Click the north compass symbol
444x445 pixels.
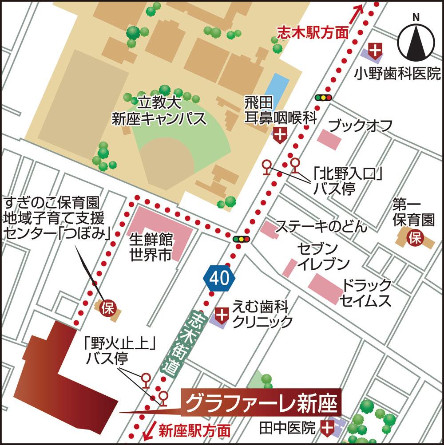tap(416, 40)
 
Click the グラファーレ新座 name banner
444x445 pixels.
tap(262, 403)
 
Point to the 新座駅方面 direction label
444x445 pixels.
tap(194, 429)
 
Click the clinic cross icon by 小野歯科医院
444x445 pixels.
tap(376, 51)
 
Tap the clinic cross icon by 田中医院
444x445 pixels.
tap(328, 428)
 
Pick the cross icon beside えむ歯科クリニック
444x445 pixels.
tap(221, 315)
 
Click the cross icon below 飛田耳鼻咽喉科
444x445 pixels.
tap(280, 134)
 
